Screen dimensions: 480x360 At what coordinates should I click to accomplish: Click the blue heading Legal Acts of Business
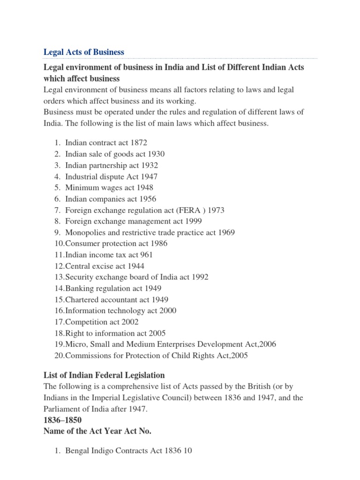(83, 52)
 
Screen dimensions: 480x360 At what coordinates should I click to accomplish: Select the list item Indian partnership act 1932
(112, 165)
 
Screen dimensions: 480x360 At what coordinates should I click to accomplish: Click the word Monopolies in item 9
(84, 232)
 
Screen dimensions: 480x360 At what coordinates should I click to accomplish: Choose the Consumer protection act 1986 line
(116, 244)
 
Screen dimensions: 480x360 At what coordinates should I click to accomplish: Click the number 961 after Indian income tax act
(146, 255)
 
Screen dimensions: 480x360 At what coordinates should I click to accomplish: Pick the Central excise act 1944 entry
(105, 266)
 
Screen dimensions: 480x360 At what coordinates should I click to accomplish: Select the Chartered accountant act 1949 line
(117, 300)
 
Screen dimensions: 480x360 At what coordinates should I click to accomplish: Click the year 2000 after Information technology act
(167, 311)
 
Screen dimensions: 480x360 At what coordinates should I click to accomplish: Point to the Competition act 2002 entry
(102, 322)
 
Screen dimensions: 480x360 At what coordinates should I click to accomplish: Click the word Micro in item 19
(75, 345)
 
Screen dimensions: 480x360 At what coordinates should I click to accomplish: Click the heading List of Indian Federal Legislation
(104, 375)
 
